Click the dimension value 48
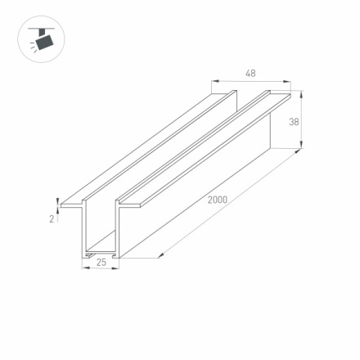coord(250,74)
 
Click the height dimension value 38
coord(293,121)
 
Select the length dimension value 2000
coord(217,199)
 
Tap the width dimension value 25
coord(101,263)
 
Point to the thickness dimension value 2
coord(51,218)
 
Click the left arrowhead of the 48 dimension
coord(215,81)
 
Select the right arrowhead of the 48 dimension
coord(289,81)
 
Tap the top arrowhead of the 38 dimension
coord(301,94)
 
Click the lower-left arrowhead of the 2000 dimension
coord(160,254)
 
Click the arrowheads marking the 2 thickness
coord(57,200)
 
